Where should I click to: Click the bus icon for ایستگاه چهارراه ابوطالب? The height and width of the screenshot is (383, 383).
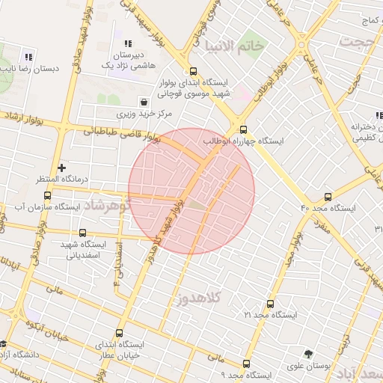[243, 129]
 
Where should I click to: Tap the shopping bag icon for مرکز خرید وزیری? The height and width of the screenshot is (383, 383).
[143, 102]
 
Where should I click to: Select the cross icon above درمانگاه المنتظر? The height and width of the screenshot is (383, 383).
[62, 168]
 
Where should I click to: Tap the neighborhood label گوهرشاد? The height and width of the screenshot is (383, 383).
[106, 203]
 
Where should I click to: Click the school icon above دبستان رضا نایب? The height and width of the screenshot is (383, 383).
[28, 56]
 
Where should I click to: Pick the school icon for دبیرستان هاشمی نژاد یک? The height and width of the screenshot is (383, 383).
[127, 43]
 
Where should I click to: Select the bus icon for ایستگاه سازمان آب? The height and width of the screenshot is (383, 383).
[48, 195]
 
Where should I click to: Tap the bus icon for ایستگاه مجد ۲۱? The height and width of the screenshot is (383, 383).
[270, 304]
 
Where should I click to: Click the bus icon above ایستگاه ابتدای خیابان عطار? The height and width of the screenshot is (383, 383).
[119, 333]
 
